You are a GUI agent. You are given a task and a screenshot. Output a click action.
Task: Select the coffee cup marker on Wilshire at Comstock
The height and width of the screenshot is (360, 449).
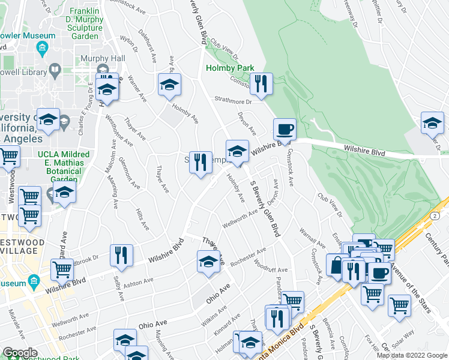(285, 129)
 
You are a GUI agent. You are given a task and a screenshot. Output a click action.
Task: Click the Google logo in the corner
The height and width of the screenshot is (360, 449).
(20, 353)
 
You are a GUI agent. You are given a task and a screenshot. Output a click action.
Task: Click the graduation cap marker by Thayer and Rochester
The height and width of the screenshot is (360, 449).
(208, 262)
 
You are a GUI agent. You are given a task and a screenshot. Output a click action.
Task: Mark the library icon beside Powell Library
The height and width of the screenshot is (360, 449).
(55, 71)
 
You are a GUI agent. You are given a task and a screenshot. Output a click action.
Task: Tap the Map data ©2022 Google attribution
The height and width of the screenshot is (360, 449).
(412, 355)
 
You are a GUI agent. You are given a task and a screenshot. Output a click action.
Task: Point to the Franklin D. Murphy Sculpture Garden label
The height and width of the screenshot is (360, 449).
(85, 24)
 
